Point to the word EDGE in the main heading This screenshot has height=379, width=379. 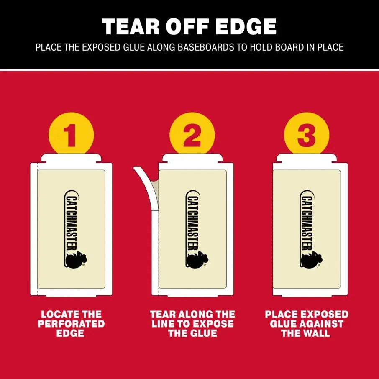pos(246,27)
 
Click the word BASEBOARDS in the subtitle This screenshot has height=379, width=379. pos(206,47)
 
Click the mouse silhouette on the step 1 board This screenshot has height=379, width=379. pos(76,260)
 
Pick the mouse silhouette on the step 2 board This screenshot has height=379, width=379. pos(197,260)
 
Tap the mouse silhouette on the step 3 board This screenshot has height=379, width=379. pos(312,260)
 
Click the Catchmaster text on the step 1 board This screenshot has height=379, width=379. pos(72,223)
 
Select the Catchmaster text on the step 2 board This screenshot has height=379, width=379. pos(193,223)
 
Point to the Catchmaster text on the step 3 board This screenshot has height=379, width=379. pos(307,223)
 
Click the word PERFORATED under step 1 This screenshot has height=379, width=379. pos(71,324)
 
